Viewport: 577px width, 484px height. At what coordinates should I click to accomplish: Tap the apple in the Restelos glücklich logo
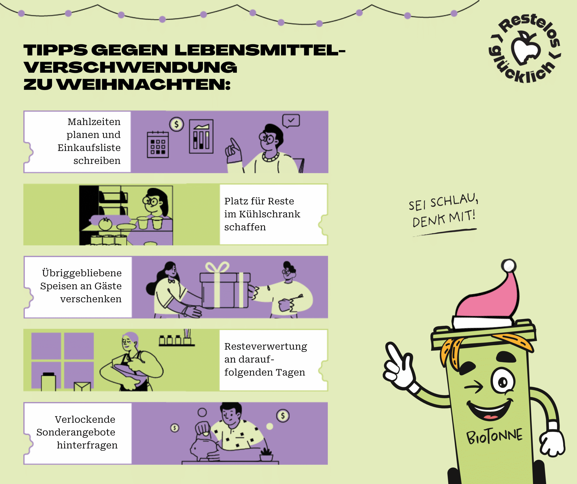click(x=526, y=49)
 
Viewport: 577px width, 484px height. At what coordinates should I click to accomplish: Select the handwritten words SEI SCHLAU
click(x=443, y=202)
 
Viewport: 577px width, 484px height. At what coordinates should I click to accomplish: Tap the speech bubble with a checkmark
click(x=291, y=121)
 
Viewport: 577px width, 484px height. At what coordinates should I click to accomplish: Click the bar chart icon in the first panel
click(x=201, y=136)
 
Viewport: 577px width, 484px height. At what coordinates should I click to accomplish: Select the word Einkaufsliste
click(x=89, y=148)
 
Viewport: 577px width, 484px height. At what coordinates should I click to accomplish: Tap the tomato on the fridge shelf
click(x=105, y=224)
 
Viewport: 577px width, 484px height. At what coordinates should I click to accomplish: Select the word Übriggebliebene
click(x=82, y=273)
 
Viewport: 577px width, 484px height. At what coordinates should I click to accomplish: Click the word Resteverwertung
click(x=266, y=346)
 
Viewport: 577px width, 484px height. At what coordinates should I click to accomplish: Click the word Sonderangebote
click(x=76, y=432)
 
